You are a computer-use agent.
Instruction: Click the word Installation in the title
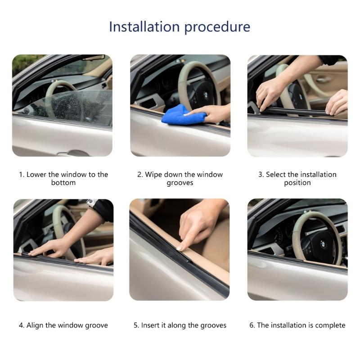[142, 27]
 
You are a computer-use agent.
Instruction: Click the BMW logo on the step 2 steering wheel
[206, 96]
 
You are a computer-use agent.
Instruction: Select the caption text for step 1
[63, 179]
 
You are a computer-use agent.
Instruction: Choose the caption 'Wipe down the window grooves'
[180, 179]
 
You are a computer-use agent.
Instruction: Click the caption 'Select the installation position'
[297, 179]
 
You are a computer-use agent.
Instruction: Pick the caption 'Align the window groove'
[63, 325]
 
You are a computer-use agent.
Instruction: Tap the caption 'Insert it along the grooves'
[180, 325]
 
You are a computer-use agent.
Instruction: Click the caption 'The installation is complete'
[297, 325]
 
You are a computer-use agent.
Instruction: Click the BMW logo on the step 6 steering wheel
[323, 243]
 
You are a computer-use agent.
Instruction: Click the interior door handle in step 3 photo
[323, 79]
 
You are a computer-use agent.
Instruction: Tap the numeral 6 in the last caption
[252, 325]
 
